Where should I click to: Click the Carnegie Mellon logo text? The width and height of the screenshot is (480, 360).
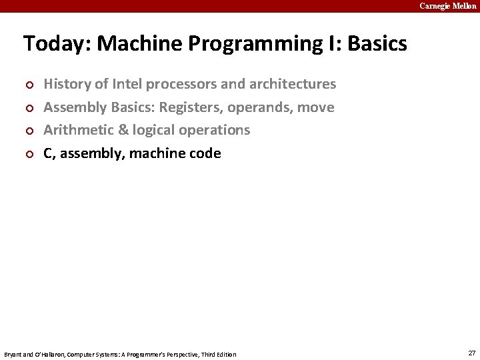(448, 6)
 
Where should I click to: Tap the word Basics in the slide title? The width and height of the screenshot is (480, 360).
(377, 44)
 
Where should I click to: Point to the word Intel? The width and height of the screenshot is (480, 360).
(127, 84)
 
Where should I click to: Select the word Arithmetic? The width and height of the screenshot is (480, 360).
(75, 130)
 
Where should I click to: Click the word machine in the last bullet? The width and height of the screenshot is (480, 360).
(158, 153)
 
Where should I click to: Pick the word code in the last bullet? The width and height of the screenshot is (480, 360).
(205, 153)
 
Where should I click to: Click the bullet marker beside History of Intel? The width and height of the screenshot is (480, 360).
(28, 85)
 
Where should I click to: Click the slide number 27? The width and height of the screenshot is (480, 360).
(472, 353)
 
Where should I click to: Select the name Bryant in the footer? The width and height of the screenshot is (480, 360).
(13, 354)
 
